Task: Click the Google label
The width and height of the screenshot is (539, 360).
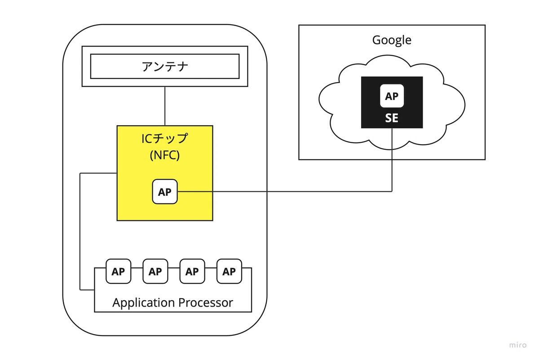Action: [x=392, y=40]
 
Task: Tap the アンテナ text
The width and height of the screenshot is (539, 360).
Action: [x=165, y=66]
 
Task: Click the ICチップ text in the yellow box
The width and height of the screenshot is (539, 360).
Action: [x=164, y=138]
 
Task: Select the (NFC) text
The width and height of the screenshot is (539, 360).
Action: [x=165, y=155]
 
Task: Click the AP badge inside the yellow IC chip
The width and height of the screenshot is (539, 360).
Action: [x=165, y=192]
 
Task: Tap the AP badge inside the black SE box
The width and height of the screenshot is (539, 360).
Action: [x=392, y=96]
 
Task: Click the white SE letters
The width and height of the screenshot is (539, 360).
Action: [x=392, y=118]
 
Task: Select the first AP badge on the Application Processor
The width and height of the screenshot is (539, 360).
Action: [x=119, y=271]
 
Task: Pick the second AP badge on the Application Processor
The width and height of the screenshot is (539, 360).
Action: [x=155, y=271]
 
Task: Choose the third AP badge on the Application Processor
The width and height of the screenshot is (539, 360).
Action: [x=192, y=271]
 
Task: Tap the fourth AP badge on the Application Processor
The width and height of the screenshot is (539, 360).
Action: [x=229, y=271]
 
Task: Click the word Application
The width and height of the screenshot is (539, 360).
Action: [x=143, y=303]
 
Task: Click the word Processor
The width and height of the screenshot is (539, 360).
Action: [x=206, y=303]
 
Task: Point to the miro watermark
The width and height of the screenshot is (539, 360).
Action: [x=518, y=345]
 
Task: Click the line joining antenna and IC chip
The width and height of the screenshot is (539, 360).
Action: [x=165, y=106]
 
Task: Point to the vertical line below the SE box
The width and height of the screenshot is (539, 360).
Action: [x=392, y=160]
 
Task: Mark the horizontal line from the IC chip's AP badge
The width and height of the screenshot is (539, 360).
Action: [x=285, y=191]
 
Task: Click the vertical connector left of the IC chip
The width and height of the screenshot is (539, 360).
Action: [x=80, y=231]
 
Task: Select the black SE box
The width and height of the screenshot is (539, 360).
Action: [x=392, y=102]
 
